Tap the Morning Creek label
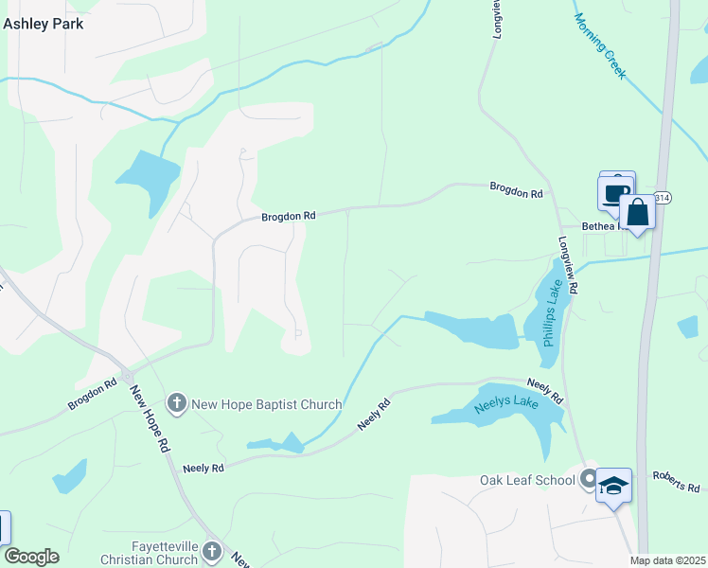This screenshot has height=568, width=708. pos(600,44)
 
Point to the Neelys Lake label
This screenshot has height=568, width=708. pos(495,406)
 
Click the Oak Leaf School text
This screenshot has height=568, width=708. pos(527,480)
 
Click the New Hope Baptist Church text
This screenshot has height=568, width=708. pos(266,405)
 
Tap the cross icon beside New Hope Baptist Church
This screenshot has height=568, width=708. pos(176,404)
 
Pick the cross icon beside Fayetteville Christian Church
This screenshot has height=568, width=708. pos(212,551)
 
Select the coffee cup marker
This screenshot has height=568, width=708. pos(616,192)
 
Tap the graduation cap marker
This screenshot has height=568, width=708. pos(613,486)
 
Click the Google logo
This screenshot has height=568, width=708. pos(31,557)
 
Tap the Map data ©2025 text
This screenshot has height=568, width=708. pos(667,560)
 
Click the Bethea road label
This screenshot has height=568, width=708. pos(600,227)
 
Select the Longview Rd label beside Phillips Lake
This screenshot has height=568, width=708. pos(574,274)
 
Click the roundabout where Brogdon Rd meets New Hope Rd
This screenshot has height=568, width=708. pos(125,374)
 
